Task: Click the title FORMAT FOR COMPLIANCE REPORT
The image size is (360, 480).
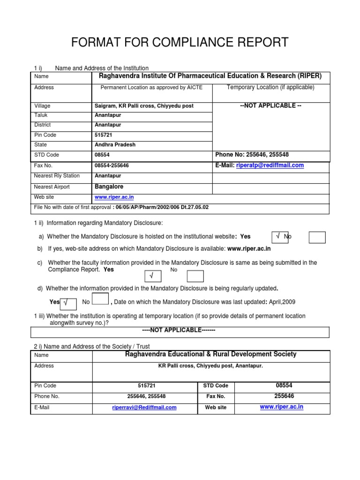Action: point(180,43)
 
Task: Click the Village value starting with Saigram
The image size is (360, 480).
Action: point(144,106)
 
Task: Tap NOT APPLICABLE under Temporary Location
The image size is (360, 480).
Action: point(270,105)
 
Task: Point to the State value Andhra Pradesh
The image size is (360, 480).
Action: point(115,145)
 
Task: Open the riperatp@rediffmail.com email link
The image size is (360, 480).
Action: point(270,165)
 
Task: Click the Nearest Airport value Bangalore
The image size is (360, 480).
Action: point(109,187)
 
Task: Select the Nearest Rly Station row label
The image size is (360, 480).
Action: point(57,176)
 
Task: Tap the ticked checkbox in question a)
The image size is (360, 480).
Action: point(280,237)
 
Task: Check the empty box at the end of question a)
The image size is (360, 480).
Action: point(317,238)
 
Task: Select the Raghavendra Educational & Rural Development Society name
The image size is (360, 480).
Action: point(210,354)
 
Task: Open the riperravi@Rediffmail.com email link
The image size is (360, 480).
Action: point(144,408)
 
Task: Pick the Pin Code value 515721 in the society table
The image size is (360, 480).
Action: point(144,386)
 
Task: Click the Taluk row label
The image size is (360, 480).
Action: point(41,115)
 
